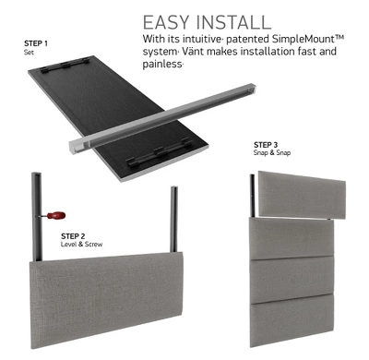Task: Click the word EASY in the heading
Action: [x=166, y=22]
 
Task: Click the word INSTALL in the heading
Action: [x=233, y=22]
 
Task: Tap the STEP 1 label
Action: [x=36, y=43]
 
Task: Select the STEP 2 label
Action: [x=73, y=236]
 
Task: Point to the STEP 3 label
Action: [x=266, y=145]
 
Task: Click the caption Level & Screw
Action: [x=81, y=245]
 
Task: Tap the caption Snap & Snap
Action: [x=272, y=152]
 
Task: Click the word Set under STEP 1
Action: [x=29, y=52]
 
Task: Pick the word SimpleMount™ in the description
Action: [x=308, y=39]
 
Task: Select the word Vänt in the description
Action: [x=193, y=51]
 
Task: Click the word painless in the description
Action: [x=162, y=64]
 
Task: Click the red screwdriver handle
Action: [x=56, y=215]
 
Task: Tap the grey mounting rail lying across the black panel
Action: [x=162, y=118]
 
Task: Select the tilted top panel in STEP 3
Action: [x=302, y=195]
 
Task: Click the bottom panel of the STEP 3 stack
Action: [x=292, y=320]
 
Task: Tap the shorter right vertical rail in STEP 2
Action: [x=174, y=219]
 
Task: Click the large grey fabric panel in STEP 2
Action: [x=107, y=299]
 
